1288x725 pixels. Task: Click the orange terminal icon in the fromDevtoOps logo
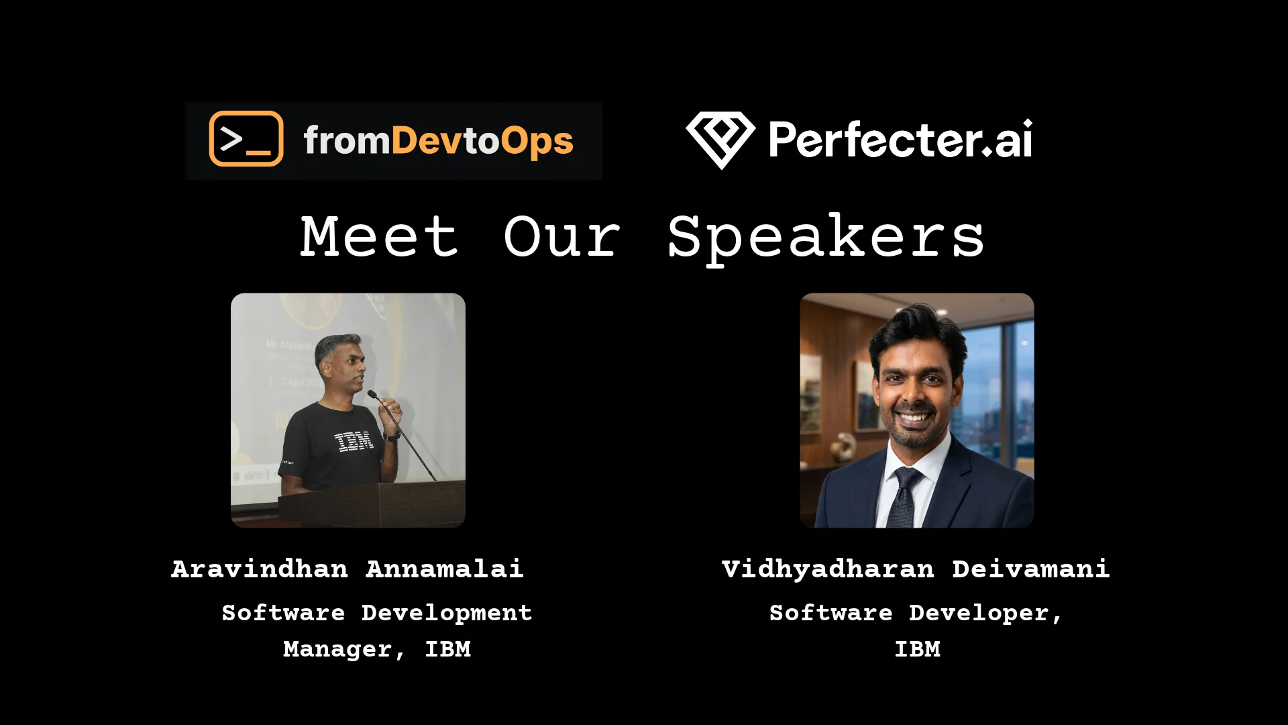coord(246,139)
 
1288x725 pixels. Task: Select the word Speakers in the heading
coord(826,239)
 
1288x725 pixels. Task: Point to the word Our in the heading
coord(562,237)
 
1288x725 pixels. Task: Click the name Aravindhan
coord(260,569)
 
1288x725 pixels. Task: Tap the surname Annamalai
coord(444,569)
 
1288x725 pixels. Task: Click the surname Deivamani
coord(1031,569)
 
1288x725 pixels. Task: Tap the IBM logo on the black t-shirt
coord(354,442)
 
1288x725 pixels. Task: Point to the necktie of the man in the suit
coord(904,497)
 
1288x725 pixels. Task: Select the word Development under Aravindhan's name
coord(447,614)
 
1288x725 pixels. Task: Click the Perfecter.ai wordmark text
coord(900,140)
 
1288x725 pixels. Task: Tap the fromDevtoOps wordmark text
coord(439,141)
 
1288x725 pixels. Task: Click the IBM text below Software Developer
coord(918,649)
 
